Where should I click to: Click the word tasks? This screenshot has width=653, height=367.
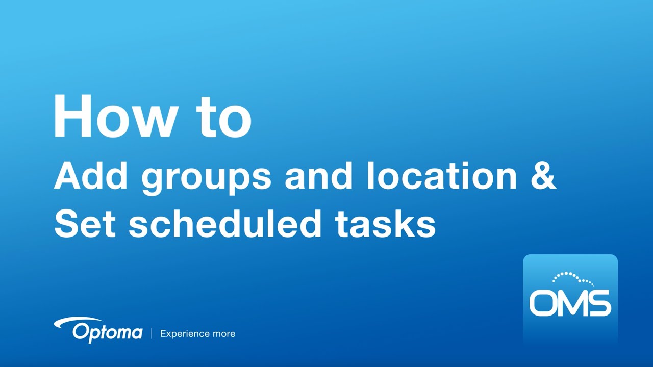[x=385, y=224]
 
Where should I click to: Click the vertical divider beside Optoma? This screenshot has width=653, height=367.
[x=151, y=334]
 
